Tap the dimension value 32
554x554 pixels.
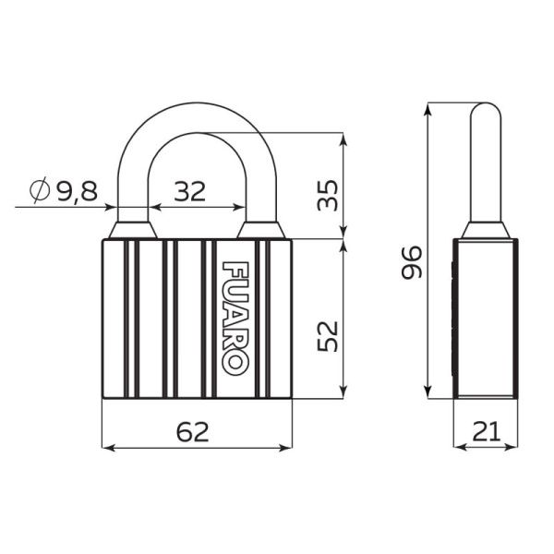(190, 191)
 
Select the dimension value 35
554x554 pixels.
(328, 194)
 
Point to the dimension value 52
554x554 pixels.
(328, 335)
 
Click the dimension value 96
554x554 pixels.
(412, 261)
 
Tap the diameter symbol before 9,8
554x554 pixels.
(39, 191)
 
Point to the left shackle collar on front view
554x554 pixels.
(131, 230)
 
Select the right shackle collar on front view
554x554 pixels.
(260, 230)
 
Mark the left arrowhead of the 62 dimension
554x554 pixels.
(105, 448)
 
